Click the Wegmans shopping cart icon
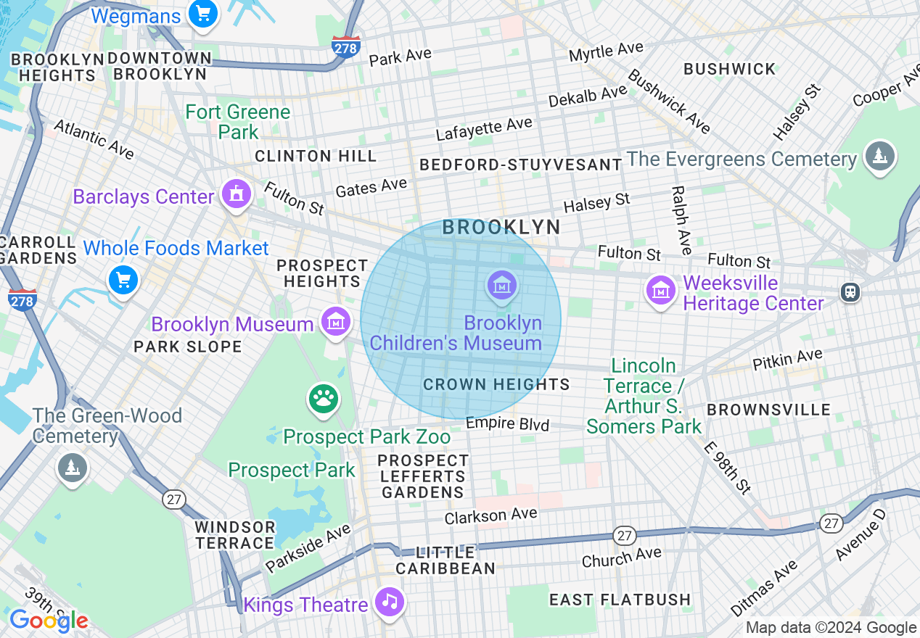click(x=202, y=14)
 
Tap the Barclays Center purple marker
click(x=237, y=194)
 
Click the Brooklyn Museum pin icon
click(x=335, y=323)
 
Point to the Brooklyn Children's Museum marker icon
click(x=501, y=286)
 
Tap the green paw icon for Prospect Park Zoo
click(x=324, y=398)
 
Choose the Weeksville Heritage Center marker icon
click(x=660, y=291)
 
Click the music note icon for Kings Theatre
click(x=390, y=602)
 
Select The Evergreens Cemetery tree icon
click(x=879, y=157)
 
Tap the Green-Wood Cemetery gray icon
click(x=72, y=468)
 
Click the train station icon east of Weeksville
click(x=850, y=291)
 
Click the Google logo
click(x=49, y=621)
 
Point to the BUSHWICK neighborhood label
click(x=730, y=70)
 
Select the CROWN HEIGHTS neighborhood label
click(x=496, y=384)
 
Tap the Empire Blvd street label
click(x=507, y=423)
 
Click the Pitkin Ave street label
click(x=787, y=359)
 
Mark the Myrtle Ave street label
click(x=606, y=52)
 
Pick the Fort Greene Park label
click(x=238, y=122)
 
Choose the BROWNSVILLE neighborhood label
click(x=768, y=410)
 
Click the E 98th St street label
click(x=728, y=467)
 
